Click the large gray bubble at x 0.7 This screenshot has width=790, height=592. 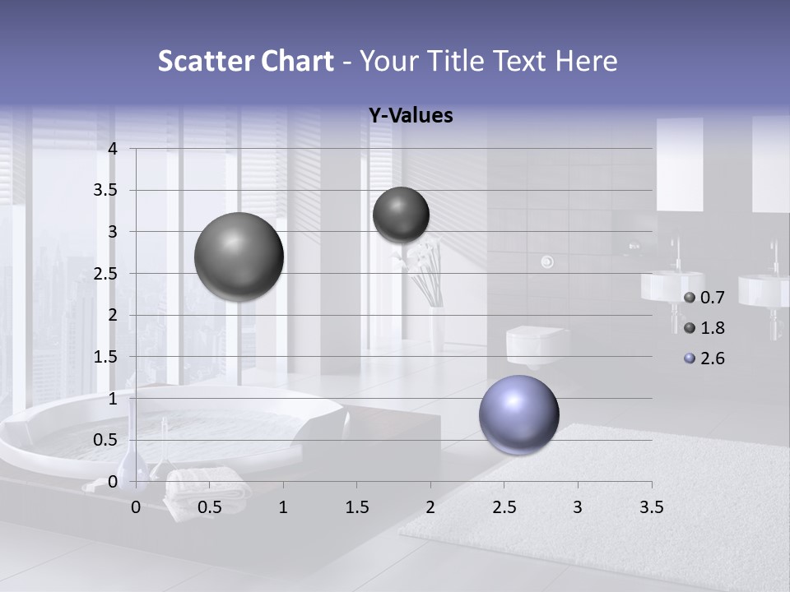click(x=239, y=257)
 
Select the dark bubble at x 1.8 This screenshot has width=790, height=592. click(x=401, y=215)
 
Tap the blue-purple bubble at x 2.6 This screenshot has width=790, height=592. click(x=518, y=414)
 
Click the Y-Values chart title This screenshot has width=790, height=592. click(x=411, y=116)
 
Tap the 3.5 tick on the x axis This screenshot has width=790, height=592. click(x=651, y=507)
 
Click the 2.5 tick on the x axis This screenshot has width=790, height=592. click(x=504, y=507)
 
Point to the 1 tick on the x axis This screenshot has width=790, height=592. click(x=283, y=507)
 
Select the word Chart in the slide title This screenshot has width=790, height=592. click(x=296, y=61)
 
